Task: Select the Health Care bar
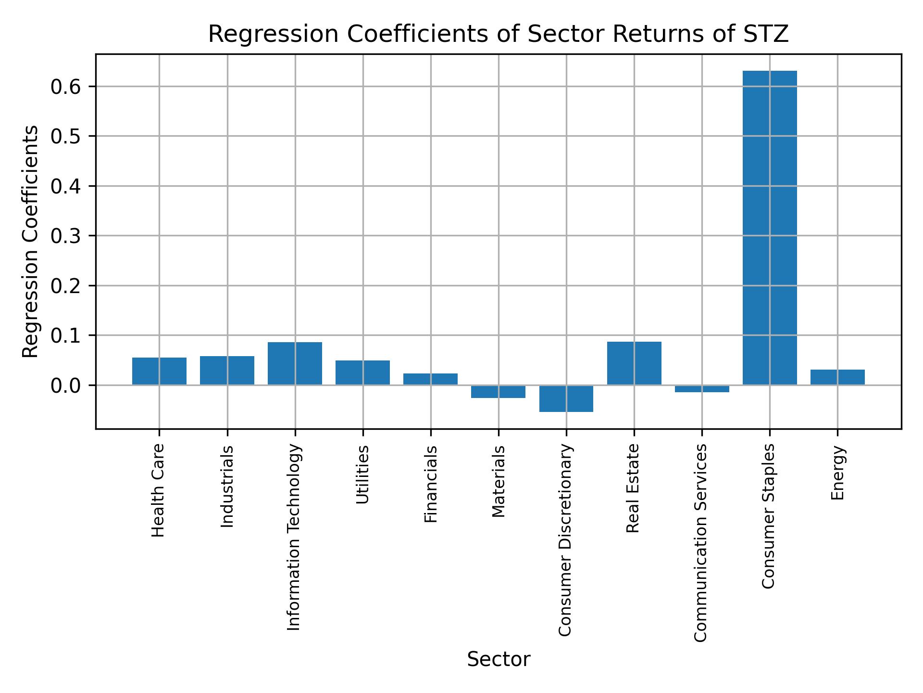(x=159, y=371)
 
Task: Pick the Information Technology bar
(x=295, y=363)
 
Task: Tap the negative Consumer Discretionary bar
(x=566, y=398)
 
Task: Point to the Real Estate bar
(x=634, y=363)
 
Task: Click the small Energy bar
(x=837, y=377)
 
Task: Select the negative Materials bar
(x=498, y=392)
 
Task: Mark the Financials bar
(x=430, y=379)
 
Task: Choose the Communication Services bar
(x=702, y=389)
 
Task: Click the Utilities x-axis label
(x=363, y=475)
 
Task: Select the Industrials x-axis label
(x=227, y=486)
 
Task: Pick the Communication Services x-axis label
(x=701, y=542)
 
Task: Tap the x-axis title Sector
(x=499, y=659)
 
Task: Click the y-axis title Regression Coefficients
(x=31, y=242)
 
